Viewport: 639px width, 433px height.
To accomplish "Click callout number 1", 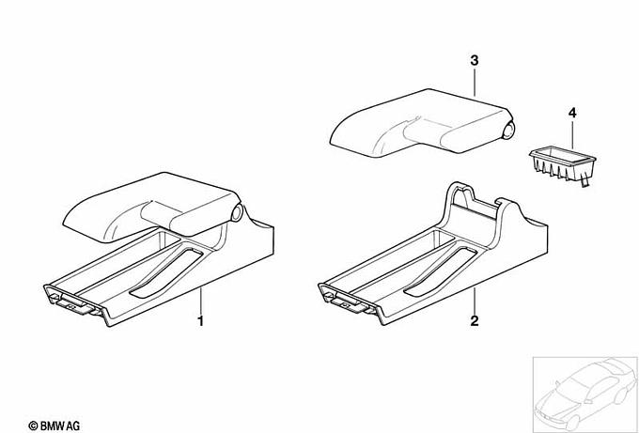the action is (x=200, y=321).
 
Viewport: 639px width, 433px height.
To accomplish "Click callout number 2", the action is (x=474, y=321).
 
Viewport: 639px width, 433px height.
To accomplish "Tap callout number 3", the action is (x=474, y=61).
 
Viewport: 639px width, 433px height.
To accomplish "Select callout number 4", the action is (x=572, y=113).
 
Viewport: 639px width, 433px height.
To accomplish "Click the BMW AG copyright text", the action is (x=55, y=426).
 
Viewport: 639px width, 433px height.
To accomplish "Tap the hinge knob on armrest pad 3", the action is (x=508, y=130).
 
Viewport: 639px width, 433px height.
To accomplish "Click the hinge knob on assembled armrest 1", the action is (x=237, y=212).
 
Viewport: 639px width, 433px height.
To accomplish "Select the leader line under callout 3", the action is (x=474, y=83).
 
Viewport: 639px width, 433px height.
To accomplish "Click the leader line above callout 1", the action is (x=200, y=301).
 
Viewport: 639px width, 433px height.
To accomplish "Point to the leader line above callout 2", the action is (x=474, y=301).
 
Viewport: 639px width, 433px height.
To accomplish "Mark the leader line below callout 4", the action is (x=572, y=134).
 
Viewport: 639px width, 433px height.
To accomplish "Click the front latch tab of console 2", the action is (x=347, y=304).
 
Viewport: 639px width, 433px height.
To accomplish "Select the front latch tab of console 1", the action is (x=73, y=304).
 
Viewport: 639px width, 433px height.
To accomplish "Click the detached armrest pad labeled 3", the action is (x=422, y=122).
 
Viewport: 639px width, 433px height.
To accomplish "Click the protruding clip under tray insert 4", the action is (x=584, y=183).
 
